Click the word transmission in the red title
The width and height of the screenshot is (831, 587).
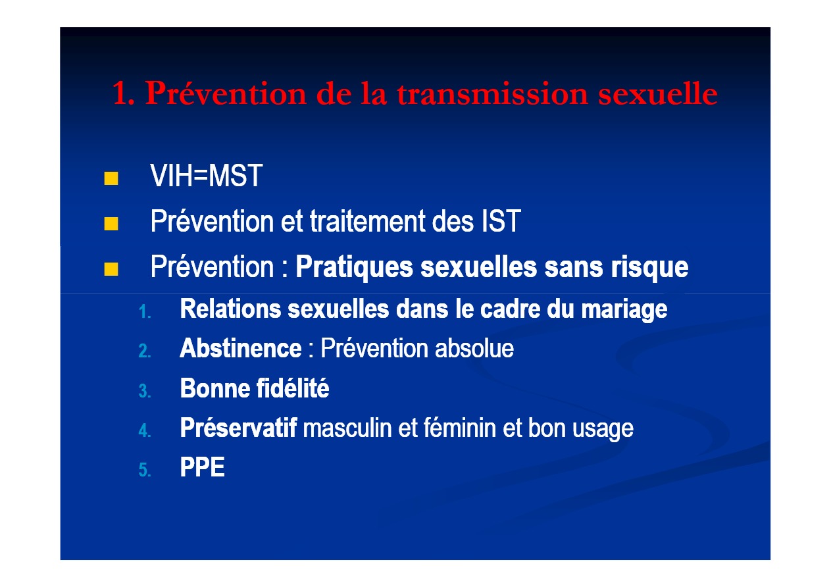coord(493,93)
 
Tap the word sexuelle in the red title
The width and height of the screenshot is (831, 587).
coord(658,93)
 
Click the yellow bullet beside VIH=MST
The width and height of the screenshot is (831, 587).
coord(111,178)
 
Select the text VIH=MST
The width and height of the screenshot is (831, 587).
coord(206,176)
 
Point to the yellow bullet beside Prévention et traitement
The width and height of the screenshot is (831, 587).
coord(111,224)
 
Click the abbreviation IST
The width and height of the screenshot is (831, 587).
coord(501,221)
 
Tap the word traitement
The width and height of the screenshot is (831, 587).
coord(367,221)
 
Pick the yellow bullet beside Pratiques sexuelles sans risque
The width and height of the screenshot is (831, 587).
coord(111,269)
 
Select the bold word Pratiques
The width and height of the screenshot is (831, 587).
coord(354,268)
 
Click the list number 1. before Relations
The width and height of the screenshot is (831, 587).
coord(145,312)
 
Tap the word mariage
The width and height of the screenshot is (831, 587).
coord(624,309)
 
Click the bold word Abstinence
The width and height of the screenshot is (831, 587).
coord(240,348)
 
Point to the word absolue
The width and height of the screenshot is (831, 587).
coord(474,348)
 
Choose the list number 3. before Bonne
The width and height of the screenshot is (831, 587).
coord(145,391)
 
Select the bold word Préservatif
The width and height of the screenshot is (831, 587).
coord(238,428)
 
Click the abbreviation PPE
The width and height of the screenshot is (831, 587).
coord(202,467)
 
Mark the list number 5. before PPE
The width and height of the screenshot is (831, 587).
coord(145,470)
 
